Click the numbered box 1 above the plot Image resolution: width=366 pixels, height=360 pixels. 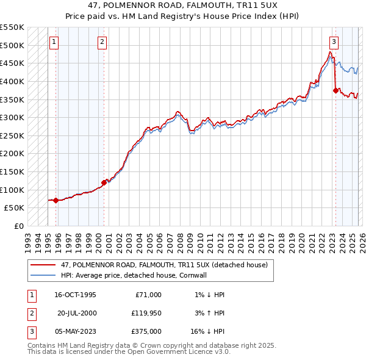[54, 42]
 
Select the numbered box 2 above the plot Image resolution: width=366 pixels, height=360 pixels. [101, 42]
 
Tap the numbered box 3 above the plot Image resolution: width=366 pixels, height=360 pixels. [334, 42]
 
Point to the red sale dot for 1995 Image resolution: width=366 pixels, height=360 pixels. [56, 200]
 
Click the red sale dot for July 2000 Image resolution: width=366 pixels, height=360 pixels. [104, 182]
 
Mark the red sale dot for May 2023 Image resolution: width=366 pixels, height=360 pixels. [335, 90]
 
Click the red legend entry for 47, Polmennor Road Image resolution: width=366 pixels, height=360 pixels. [164, 265]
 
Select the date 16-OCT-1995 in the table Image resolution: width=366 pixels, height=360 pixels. [75, 295]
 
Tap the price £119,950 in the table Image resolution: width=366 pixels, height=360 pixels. [146, 313]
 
